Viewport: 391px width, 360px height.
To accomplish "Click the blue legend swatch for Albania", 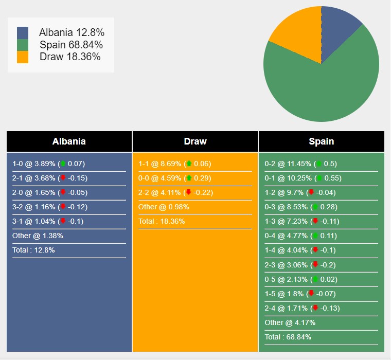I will pyautogui.click(x=23, y=33).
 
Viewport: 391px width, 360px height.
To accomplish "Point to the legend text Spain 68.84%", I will pyautogui.click(x=71, y=45).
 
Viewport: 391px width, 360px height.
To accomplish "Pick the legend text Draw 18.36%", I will pyautogui.click(x=70, y=57).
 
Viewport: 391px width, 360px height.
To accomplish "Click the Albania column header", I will pyautogui.click(x=69, y=141).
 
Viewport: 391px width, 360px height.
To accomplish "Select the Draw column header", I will pyautogui.click(x=195, y=141).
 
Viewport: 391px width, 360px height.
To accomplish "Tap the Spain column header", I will pyautogui.click(x=321, y=141).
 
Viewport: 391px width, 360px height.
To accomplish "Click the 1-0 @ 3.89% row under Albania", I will pyautogui.click(x=48, y=164).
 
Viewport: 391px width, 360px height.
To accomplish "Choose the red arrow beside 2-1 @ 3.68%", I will pyautogui.click(x=63, y=178).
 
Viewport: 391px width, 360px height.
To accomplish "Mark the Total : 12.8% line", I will pyautogui.click(x=33, y=250).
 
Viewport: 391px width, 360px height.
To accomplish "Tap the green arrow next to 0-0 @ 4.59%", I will pyautogui.click(x=189, y=178).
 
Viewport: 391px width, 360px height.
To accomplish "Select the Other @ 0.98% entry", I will pyautogui.click(x=164, y=207).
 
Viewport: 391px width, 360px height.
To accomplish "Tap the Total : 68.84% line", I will pyautogui.click(x=288, y=337).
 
